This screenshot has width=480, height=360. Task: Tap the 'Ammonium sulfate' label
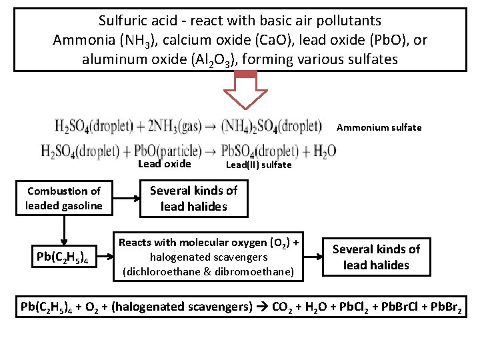379,127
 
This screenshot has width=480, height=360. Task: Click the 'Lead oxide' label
164,164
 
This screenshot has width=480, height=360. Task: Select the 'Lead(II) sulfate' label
259,165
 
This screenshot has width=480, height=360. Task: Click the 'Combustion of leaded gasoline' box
64,198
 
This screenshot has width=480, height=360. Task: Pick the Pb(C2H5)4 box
64,257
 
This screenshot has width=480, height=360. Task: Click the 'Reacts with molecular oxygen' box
208,257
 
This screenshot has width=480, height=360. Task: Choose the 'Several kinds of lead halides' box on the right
376,257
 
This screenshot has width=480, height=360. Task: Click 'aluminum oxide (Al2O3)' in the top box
160,59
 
